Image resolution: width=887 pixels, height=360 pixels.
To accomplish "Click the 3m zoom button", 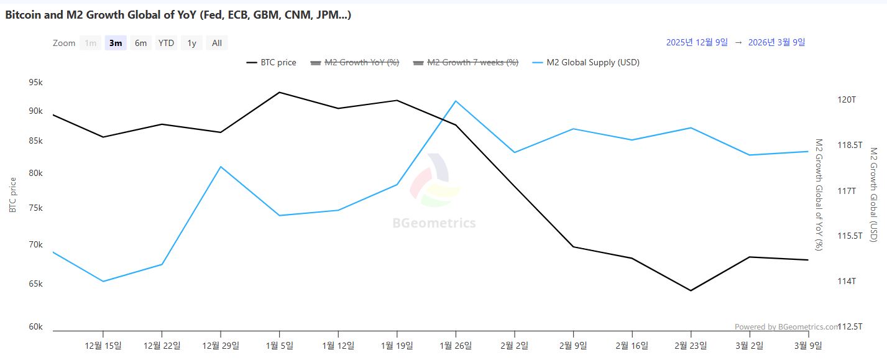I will [116, 43].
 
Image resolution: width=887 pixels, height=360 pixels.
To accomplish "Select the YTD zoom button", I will [166, 43].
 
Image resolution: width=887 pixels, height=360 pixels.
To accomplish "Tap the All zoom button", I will [217, 43].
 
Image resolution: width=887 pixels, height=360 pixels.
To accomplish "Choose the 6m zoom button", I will [141, 43].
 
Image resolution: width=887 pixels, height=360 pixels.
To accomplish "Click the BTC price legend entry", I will [272, 62].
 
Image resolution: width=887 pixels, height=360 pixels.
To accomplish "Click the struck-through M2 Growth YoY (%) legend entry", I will [354, 62].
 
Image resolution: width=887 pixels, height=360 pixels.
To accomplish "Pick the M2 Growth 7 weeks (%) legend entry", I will [466, 62].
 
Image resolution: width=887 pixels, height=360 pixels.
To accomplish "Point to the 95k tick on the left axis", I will [36, 83].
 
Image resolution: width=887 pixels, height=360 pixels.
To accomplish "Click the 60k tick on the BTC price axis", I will [36, 326].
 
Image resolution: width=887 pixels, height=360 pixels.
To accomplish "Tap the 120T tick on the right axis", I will [847, 99].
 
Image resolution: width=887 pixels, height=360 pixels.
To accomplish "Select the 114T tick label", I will [847, 281].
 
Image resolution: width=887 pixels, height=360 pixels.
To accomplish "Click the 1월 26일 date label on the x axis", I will [456, 346].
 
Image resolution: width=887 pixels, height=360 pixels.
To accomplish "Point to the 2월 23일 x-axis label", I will [691, 346].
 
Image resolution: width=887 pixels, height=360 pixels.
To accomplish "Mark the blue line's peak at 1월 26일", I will [456, 101].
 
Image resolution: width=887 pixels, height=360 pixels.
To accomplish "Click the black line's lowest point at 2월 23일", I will [691, 290].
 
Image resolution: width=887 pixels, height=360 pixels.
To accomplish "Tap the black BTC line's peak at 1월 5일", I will [280, 92].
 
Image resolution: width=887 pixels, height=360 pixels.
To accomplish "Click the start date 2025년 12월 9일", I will [697, 42].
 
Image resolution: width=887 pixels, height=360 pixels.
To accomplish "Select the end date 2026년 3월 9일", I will [776, 42].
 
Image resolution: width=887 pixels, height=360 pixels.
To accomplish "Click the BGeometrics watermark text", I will [434, 223].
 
